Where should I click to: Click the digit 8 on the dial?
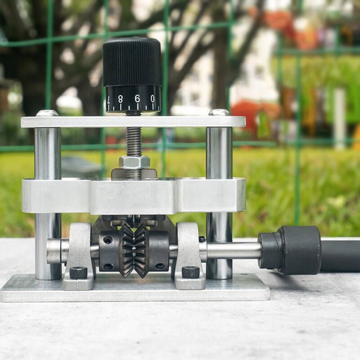[x=121, y=99]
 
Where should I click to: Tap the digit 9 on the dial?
[x=137, y=99]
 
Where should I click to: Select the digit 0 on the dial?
[x=153, y=99]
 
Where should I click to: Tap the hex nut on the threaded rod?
[x=134, y=162]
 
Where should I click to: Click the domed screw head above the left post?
[x=47, y=113]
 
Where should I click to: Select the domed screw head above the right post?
[x=219, y=112]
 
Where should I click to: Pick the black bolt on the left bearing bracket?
[x=78, y=272]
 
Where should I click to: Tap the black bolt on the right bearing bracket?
[x=190, y=272]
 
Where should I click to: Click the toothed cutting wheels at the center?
[x=134, y=250]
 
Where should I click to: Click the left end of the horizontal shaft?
[x=53, y=251]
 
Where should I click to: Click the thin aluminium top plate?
[x=133, y=122]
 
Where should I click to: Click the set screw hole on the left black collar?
[x=108, y=240]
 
